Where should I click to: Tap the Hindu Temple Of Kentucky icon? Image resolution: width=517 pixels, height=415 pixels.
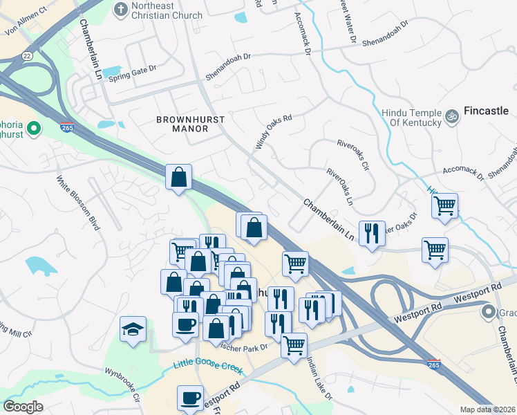coord(453,115)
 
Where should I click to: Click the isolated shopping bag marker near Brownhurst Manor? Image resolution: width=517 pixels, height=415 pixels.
coord(178,177)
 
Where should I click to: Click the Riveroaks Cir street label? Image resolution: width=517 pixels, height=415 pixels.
coord(353,156)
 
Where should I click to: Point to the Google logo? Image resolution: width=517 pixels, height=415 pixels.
coord(23,407)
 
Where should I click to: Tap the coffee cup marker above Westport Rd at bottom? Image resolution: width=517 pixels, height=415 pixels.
coord(190,398)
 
